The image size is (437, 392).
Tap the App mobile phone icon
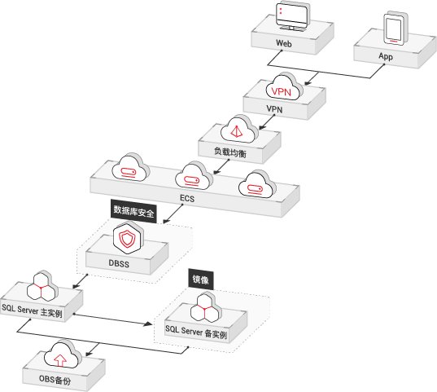395,28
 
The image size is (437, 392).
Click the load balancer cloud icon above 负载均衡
239,130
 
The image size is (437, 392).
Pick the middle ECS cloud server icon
194,177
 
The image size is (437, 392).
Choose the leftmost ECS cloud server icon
131,168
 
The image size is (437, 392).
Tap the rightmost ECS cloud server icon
257,185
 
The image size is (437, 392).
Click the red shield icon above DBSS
129,238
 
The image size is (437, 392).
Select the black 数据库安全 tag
133,211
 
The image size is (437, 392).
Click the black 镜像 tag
201,280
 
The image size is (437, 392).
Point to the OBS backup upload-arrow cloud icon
63,355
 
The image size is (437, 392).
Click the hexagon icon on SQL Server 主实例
42,286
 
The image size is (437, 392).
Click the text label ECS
187,199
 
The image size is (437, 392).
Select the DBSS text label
119,263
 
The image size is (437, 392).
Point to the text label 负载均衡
230,152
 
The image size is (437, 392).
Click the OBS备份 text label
55,380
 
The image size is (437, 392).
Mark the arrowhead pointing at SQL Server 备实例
148,324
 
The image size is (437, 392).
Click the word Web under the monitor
284,43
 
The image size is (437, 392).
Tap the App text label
386,56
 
